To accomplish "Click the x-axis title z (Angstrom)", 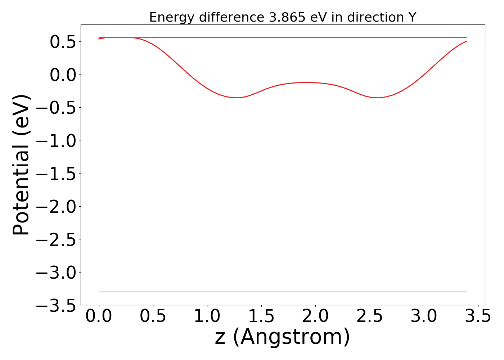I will (x=282, y=337).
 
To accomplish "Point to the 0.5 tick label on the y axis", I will (x=63, y=42).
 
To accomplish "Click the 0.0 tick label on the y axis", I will (x=63, y=75).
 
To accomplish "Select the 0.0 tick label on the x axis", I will (x=99, y=317).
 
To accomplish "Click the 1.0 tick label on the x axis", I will (x=207, y=317).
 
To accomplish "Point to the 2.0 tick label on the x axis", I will (x=315, y=317).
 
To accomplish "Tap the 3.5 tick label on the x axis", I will (x=478, y=317).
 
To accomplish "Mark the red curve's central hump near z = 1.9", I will (x=306, y=82).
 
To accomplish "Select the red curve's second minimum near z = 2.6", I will (x=377, y=98).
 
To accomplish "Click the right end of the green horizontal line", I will (x=466, y=292).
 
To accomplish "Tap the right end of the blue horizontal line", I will (x=466, y=37).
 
